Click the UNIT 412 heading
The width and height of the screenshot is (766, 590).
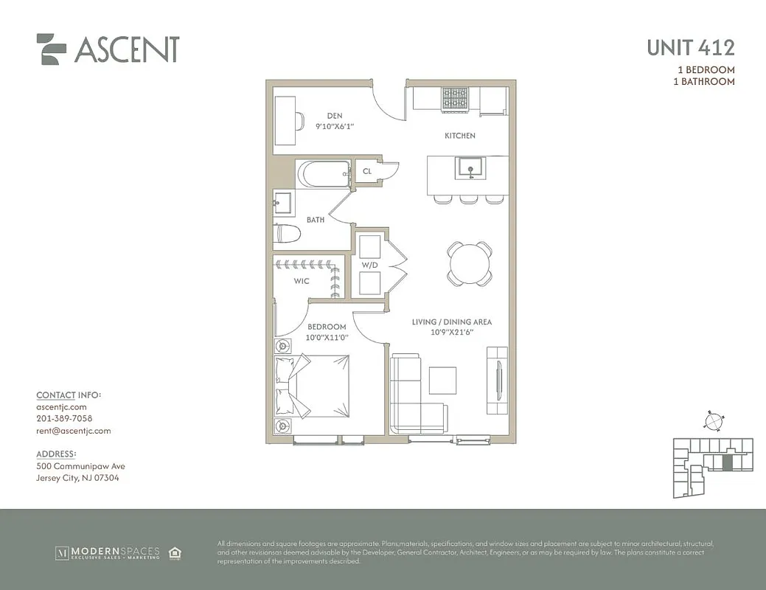point(690,48)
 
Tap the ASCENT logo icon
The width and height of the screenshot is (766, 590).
point(52,49)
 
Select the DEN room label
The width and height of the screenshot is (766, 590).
point(336,116)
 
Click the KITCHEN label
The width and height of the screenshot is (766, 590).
point(459,136)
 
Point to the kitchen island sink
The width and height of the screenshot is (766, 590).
point(469,169)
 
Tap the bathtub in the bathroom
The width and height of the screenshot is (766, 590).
point(322,174)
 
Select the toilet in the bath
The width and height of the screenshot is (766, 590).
point(288,235)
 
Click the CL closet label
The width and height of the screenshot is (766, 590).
point(367,172)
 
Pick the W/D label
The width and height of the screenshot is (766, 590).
point(369,265)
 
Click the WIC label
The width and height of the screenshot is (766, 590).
point(301,281)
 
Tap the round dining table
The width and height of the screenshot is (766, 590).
point(470,263)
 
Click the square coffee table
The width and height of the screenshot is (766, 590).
point(443,381)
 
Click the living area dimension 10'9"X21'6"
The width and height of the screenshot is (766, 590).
point(451,333)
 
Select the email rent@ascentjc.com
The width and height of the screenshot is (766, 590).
point(73,431)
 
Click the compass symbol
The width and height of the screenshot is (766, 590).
point(713,421)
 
